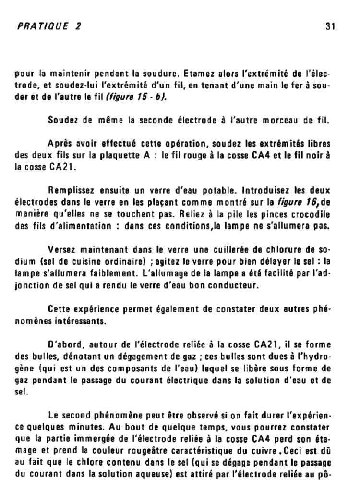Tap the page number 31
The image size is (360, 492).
tap(330, 26)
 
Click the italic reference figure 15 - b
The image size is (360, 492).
tap(136, 97)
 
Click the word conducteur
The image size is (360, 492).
tap(235, 285)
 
